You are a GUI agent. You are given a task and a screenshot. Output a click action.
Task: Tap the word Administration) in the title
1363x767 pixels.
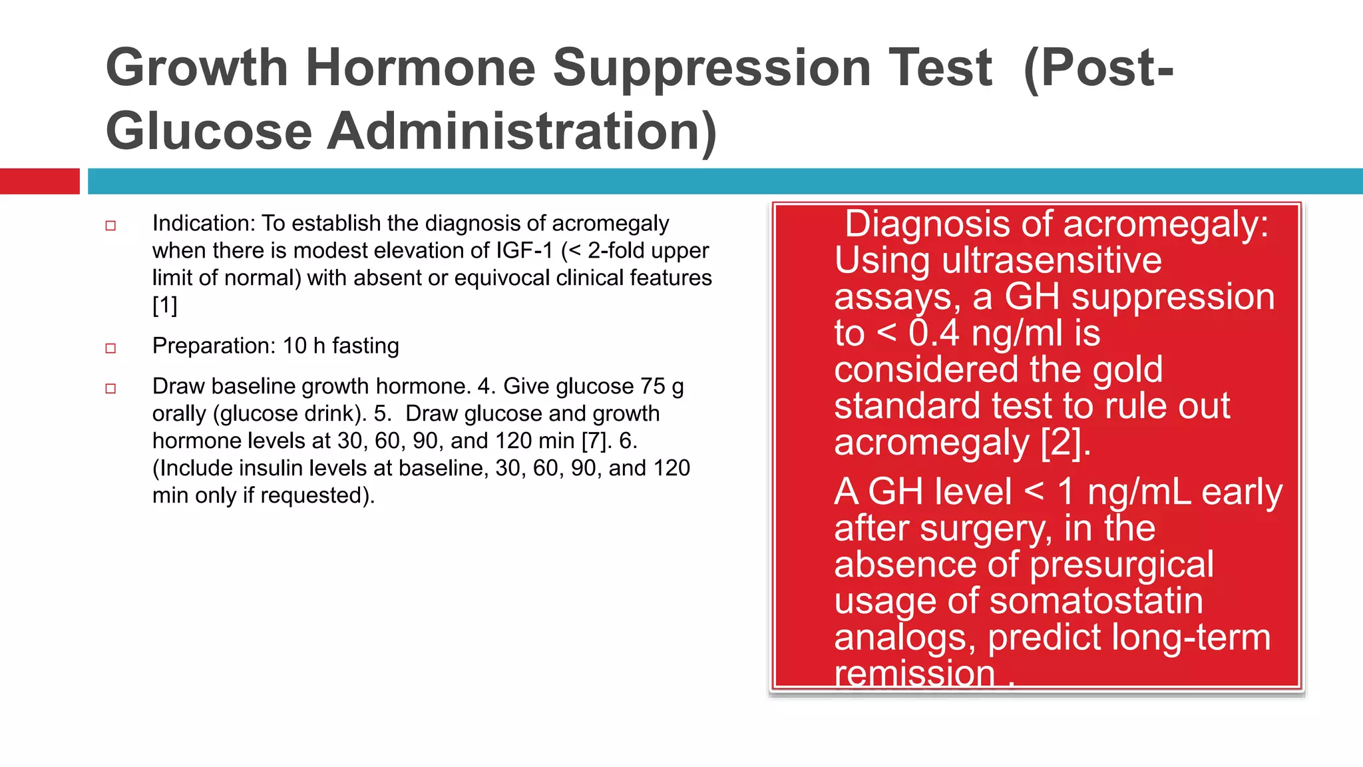point(522,132)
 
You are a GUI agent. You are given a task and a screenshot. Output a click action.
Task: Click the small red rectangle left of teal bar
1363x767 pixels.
point(39,181)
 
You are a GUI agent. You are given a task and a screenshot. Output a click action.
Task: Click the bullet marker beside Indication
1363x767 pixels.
point(110,226)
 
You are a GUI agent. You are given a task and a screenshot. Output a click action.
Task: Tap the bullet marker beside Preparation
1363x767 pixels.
point(110,348)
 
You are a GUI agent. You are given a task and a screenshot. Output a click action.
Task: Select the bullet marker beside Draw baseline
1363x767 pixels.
point(110,389)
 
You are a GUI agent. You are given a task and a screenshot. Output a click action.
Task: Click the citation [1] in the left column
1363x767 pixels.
point(164,306)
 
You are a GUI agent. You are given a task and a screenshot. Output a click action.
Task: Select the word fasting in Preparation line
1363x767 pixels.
point(365,346)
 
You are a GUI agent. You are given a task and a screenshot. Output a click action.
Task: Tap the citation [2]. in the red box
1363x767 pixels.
point(1066,443)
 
